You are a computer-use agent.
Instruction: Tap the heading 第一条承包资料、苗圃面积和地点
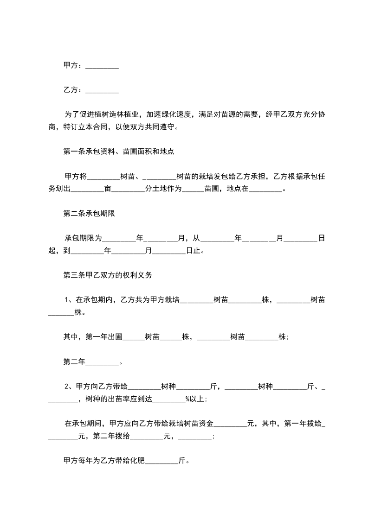118,151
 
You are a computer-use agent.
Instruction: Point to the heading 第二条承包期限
89,213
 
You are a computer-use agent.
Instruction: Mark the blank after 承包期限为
118,238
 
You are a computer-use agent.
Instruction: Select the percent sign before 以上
188,399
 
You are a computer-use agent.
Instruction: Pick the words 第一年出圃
103,337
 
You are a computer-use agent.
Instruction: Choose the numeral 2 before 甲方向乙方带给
66,387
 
